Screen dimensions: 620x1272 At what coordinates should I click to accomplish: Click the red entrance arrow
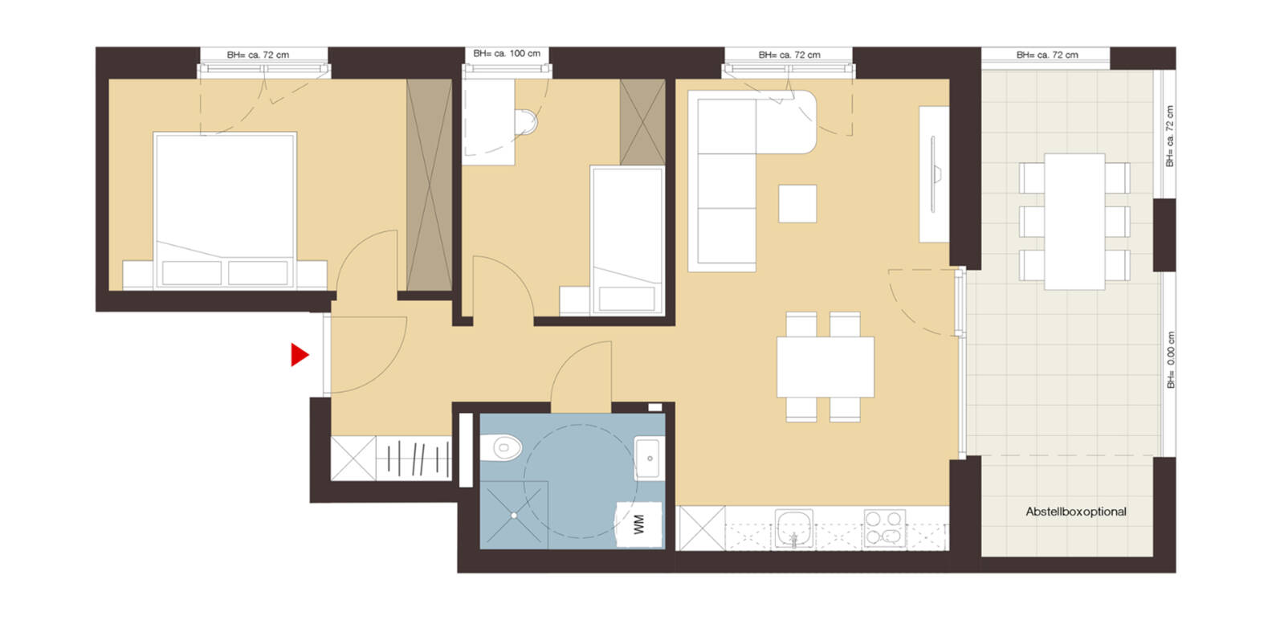[300, 355]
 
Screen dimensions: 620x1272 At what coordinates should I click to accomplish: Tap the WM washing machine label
[639, 525]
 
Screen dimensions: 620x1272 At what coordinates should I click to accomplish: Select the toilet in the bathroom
[503, 447]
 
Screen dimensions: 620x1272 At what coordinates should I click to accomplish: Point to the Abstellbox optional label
[1075, 512]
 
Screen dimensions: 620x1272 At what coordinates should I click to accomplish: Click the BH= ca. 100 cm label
[506, 54]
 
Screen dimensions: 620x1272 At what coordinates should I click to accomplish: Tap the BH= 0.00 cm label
[1171, 361]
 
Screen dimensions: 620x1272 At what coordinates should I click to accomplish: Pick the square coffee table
[797, 203]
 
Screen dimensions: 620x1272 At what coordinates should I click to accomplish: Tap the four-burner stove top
[884, 529]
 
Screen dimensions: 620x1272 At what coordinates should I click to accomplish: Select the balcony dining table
[1074, 222]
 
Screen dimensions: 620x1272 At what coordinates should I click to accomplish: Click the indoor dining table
[825, 367]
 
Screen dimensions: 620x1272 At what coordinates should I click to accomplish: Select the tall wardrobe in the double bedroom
[429, 185]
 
